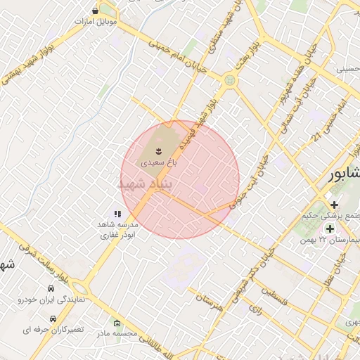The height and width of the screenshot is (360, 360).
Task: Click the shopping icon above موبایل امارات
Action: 96,11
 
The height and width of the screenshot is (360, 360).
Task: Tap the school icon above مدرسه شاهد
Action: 117,214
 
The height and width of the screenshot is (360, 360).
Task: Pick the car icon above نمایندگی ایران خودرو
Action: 51,289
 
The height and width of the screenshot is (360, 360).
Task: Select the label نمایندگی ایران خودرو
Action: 51,300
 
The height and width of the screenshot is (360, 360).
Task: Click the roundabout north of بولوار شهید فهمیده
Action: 229,81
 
